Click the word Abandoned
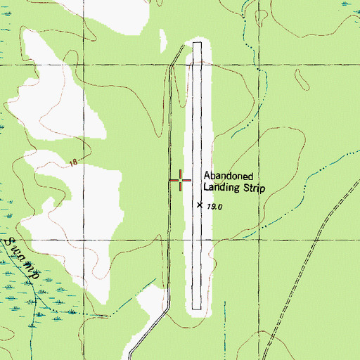(228, 176)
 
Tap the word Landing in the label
(220, 188)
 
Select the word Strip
(251, 188)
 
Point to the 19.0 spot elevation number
(214, 206)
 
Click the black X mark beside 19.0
(200, 205)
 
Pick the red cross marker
(181, 181)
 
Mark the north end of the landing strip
(197, 44)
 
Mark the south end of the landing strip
(197, 308)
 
